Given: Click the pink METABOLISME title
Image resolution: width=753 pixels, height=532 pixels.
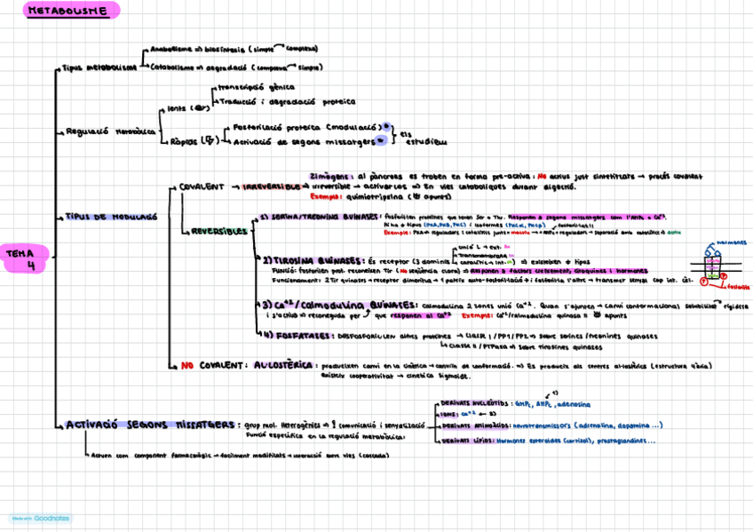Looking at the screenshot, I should [68, 12].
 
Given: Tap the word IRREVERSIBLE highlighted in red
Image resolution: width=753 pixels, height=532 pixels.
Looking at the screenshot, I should [272, 187].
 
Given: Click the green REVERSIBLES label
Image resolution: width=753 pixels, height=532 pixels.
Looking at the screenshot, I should [218, 231].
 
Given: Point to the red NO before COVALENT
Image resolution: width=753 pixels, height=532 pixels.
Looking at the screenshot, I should [187, 365].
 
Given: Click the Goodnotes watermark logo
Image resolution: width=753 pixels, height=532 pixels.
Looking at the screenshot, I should [41, 518].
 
